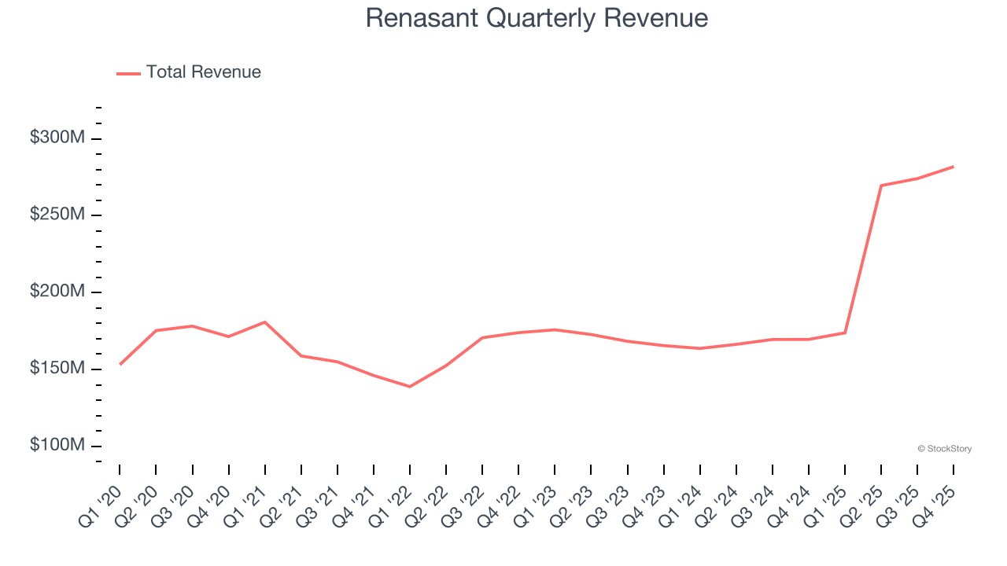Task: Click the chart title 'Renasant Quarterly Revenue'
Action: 537,18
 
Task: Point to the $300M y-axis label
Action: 57,138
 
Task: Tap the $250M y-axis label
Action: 57,215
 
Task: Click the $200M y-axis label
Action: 57,292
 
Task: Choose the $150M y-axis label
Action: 57,369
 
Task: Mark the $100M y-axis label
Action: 57,446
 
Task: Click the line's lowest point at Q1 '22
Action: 410,386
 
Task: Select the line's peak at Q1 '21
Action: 265,322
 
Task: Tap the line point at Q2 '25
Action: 881,186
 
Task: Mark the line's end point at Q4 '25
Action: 954,167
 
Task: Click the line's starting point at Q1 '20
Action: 120,364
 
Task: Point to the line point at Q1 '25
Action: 845,333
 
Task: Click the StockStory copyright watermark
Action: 945,449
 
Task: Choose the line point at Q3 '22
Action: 482,338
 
